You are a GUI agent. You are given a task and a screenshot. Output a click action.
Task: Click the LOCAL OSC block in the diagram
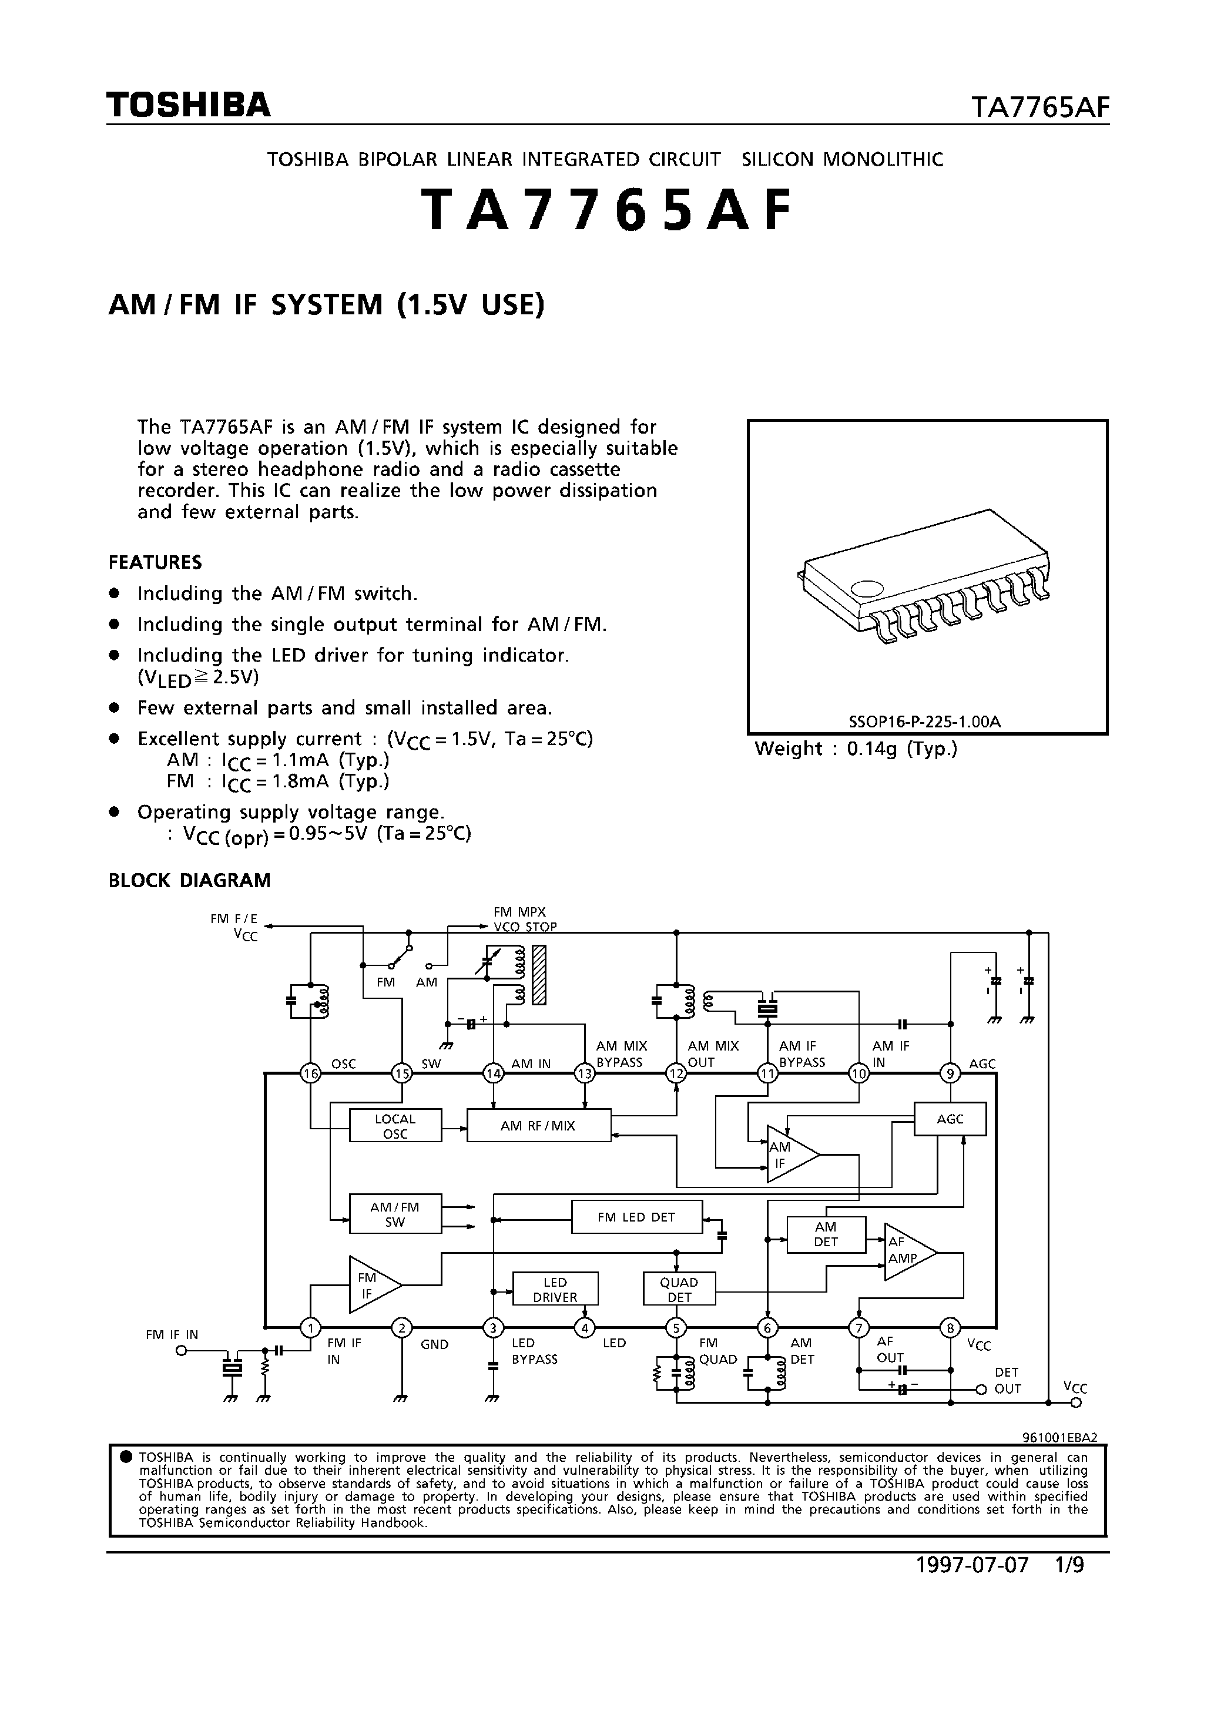pos(395,1126)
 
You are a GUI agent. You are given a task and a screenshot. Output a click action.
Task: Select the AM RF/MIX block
pos(538,1126)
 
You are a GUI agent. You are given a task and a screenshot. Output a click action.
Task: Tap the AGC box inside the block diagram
pos(950,1119)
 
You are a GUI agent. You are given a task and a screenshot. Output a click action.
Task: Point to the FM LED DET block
pos(636,1217)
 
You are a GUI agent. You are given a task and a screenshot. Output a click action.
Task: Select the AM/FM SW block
pos(395,1214)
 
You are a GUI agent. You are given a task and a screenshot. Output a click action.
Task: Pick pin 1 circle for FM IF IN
pos(310,1328)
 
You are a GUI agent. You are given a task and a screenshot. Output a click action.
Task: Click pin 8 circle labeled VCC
pos(950,1328)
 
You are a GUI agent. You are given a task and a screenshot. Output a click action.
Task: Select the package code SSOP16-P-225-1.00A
pos(924,722)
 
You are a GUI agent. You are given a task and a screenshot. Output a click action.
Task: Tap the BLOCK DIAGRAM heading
pos(189,881)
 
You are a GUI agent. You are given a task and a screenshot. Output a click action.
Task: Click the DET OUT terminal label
pos(1007,1381)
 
